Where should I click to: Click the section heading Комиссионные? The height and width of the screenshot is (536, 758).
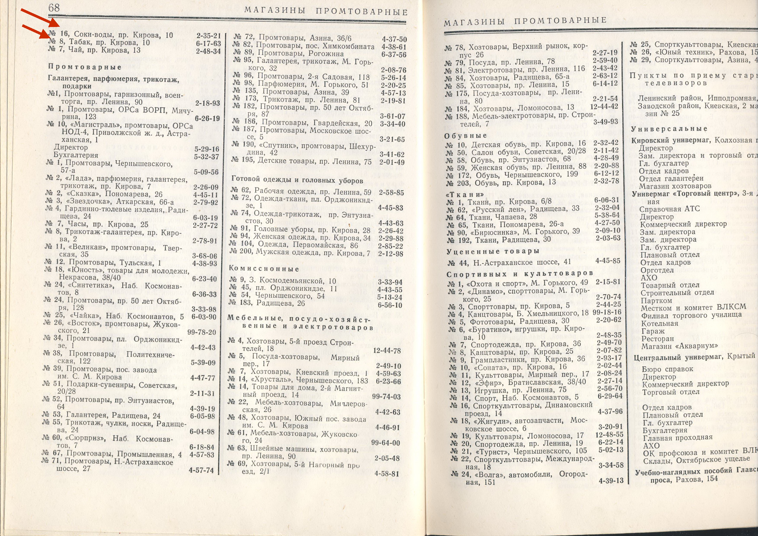(x=264, y=269)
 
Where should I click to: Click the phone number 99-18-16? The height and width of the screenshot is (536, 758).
(x=607, y=312)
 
